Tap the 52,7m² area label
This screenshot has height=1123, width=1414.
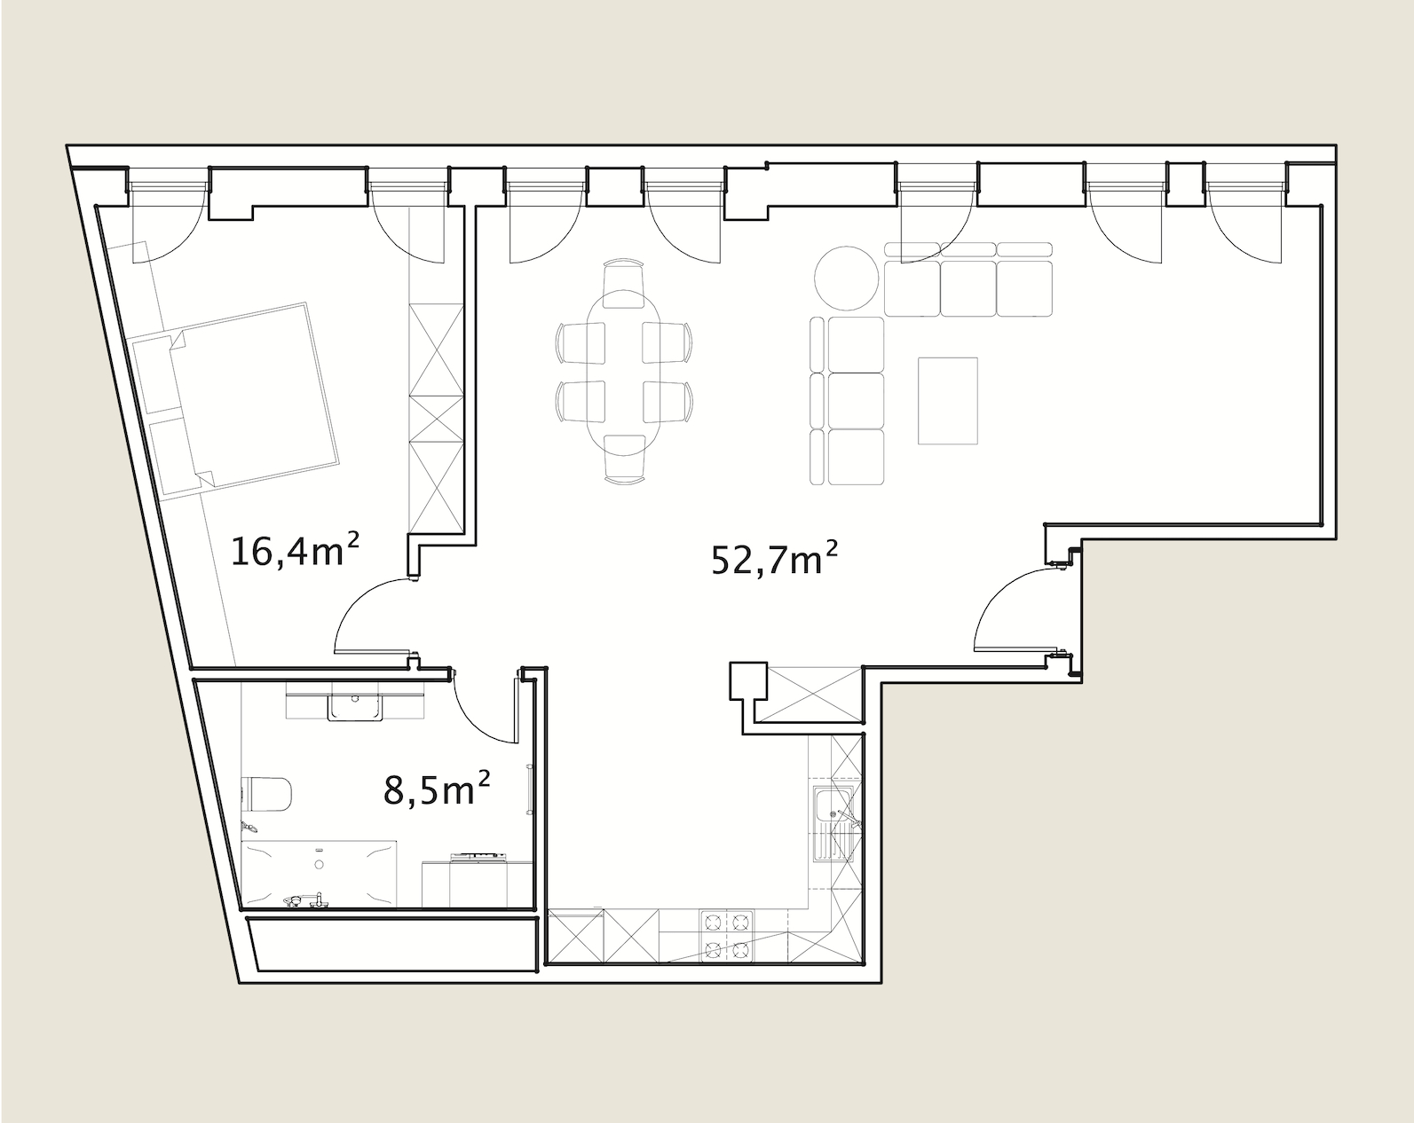(x=775, y=558)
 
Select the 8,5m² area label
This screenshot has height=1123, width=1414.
(x=437, y=789)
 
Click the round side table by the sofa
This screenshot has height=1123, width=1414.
(x=846, y=278)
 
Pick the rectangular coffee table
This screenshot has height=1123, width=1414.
(x=947, y=401)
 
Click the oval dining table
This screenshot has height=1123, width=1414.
(x=624, y=373)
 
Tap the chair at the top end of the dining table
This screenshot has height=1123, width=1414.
(x=623, y=282)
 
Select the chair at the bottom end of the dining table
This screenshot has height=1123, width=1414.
(x=624, y=459)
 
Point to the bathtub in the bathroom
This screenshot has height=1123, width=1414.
(x=320, y=874)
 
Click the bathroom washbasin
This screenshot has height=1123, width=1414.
(x=355, y=705)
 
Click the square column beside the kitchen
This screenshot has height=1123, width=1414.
(x=748, y=680)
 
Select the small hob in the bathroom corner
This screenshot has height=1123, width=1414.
(x=479, y=856)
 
